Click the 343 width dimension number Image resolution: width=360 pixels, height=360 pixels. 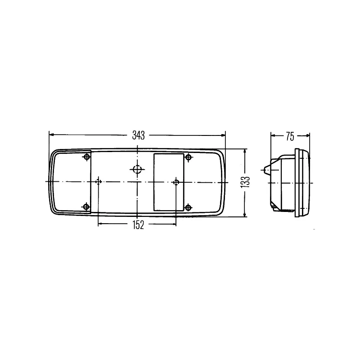[139, 135]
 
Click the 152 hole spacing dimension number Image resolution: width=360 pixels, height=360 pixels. [138, 225]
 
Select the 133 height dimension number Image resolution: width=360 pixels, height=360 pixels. [245, 183]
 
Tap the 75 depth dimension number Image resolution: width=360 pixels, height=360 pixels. [290, 136]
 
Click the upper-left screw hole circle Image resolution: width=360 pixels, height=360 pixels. [87, 157]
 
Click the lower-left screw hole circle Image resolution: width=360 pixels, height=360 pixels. [86, 207]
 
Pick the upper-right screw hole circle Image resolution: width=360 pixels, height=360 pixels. [189, 157]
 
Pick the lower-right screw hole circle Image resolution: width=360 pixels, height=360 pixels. [188, 207]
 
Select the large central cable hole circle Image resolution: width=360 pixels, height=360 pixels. [137, 170]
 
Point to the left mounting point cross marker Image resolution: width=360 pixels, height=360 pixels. [99, 182]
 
